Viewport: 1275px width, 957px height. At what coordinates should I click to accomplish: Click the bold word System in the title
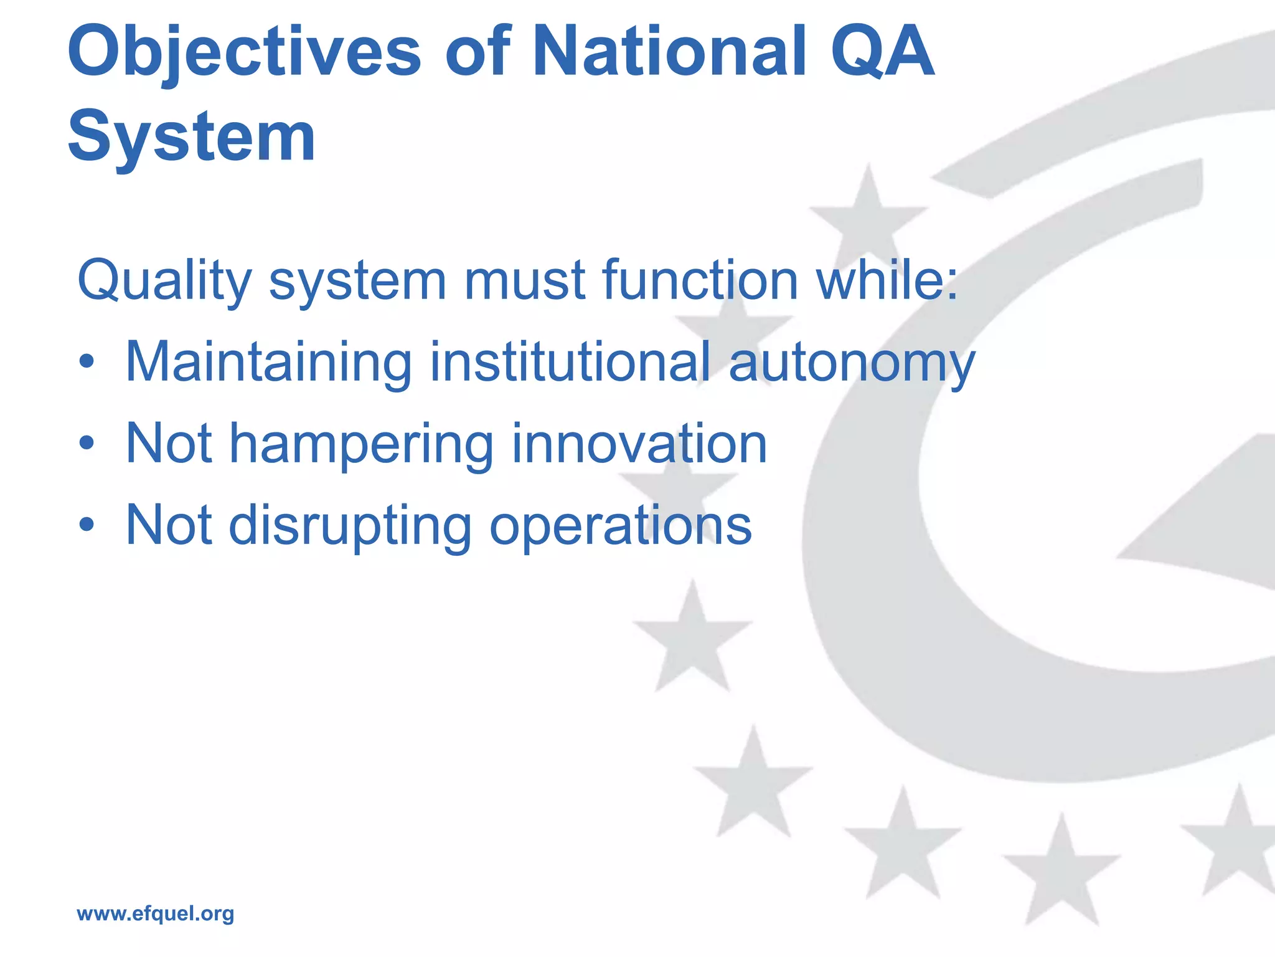click(x=191, y=136)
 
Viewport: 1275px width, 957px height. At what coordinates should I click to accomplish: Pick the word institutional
click(x=570, y=362)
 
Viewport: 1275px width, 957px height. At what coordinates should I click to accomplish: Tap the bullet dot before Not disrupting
click(x=87, y=525)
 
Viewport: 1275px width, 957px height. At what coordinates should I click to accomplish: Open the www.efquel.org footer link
click(x=155, y=914)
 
